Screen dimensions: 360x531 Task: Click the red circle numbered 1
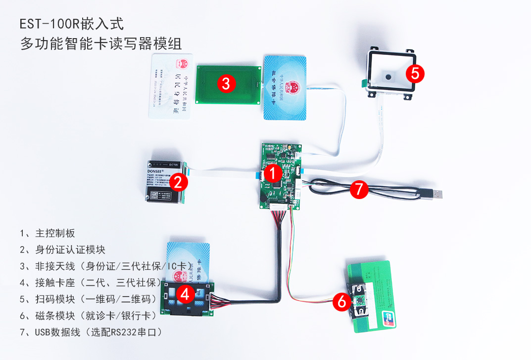272,173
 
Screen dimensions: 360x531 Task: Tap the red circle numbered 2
179,182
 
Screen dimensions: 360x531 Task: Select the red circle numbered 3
226,84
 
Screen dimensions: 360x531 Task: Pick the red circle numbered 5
415,73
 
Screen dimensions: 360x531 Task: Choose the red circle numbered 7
359,189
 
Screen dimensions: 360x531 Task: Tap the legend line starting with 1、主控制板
48,233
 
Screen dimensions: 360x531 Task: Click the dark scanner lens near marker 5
389,77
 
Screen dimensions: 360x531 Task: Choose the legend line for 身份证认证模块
63,250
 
